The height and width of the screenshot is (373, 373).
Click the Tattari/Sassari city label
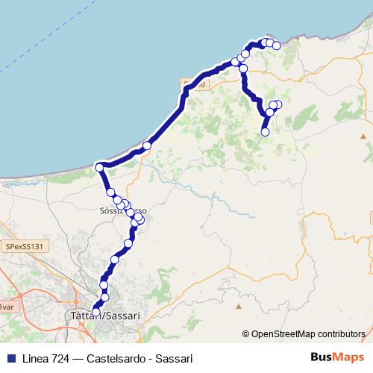(x=104, y=316)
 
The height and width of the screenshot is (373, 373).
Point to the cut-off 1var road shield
(x=6, y=307)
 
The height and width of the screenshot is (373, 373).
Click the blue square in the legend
(x=10, y=358)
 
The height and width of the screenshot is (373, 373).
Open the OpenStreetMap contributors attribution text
(x=307, y=335)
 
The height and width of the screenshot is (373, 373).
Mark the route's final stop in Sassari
(x=96, y=313)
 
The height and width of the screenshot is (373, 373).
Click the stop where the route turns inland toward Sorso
(x=100, y=167)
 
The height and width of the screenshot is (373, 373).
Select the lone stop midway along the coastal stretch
(x=147, y=145)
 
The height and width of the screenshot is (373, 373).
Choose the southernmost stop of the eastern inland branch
(x=265, y=132)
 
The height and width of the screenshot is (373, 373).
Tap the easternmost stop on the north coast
(x=277, y=46)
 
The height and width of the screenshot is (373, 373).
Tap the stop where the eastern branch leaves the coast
(x=243, y=69)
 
